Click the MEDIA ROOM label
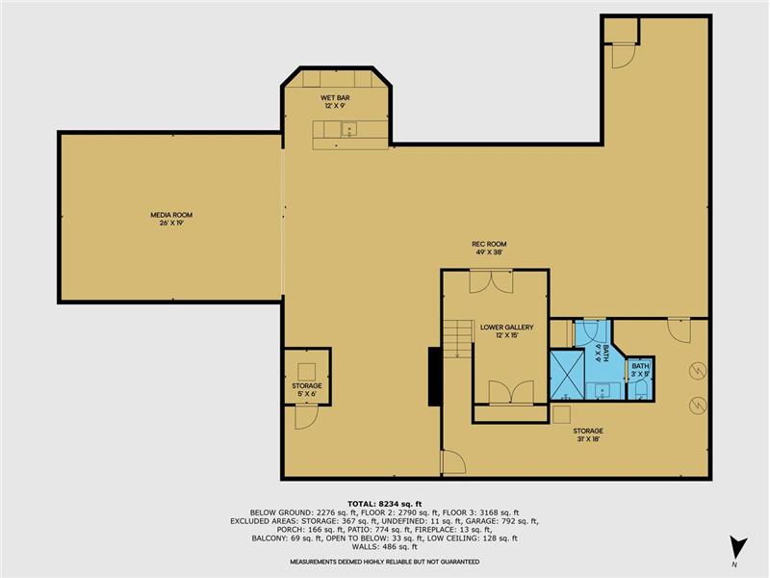[171, 215]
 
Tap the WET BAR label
[335, 98]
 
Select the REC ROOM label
[489, 244]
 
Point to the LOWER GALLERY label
[507, 327]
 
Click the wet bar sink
[349, 129]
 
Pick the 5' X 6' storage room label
[307, 394]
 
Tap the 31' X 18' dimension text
[588, 439]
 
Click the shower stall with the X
[567, 375]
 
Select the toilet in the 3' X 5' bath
[641, 391]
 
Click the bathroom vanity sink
[603, 391]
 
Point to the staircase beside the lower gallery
[458, 339]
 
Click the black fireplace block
[435, 377]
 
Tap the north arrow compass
[737, 548]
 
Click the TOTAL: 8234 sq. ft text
[384, 503]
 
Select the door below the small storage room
[306, 417]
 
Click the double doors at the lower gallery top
[491, 281]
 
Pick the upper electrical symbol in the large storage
[697, 371]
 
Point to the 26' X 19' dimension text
[171, 223]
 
